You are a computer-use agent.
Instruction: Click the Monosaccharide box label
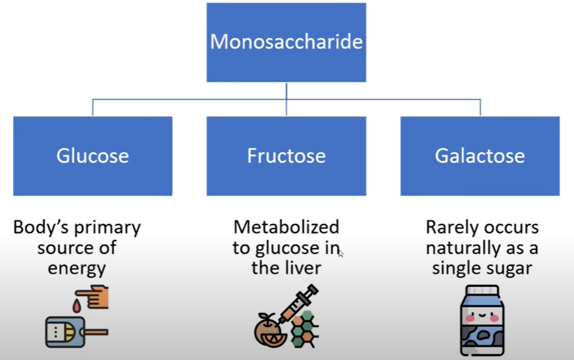point(286,41)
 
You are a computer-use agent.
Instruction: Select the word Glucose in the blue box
point(93,156)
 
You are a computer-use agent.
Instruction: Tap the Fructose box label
point(286,156)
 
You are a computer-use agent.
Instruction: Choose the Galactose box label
point(480,156)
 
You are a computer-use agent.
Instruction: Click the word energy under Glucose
point(77,269)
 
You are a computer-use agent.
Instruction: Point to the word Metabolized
point(286,227)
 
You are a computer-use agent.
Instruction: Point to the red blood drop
point(76,306)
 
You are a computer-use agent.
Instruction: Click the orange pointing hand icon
point(92,297)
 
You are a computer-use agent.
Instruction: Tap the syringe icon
point(298,303)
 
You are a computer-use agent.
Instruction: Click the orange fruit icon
point(271,330)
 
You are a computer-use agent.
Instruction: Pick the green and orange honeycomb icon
point(304,329)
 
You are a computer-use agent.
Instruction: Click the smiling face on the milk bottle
point(482,315)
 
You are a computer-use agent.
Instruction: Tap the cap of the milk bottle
point(482,291)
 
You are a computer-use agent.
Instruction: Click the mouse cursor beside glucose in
point(341,253)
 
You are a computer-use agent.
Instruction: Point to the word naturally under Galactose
point(461,248)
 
